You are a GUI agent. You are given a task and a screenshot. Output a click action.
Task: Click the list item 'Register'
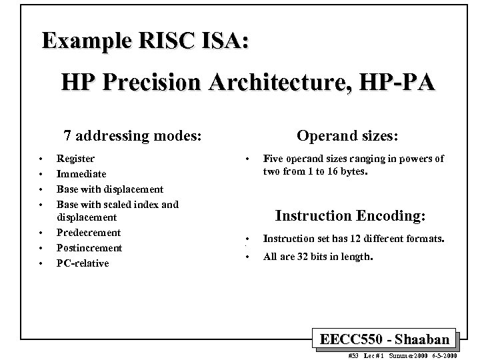click(x=75, y=159)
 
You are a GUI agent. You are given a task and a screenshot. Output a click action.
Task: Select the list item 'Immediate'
click(x=81, y=173)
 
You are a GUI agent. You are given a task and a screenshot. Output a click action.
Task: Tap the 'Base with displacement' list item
click(x=110, y=189)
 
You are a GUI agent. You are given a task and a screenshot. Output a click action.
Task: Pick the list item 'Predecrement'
click(x=89, y=233)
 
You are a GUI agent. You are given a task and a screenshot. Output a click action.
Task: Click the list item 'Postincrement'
click(x=89, y=248)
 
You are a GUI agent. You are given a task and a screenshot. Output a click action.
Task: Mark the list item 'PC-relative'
click(x=83, y=263)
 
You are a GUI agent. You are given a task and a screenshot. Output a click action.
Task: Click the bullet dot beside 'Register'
click(x=41, y=159)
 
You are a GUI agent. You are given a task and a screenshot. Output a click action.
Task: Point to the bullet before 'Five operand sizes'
click(x=247, y=159)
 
